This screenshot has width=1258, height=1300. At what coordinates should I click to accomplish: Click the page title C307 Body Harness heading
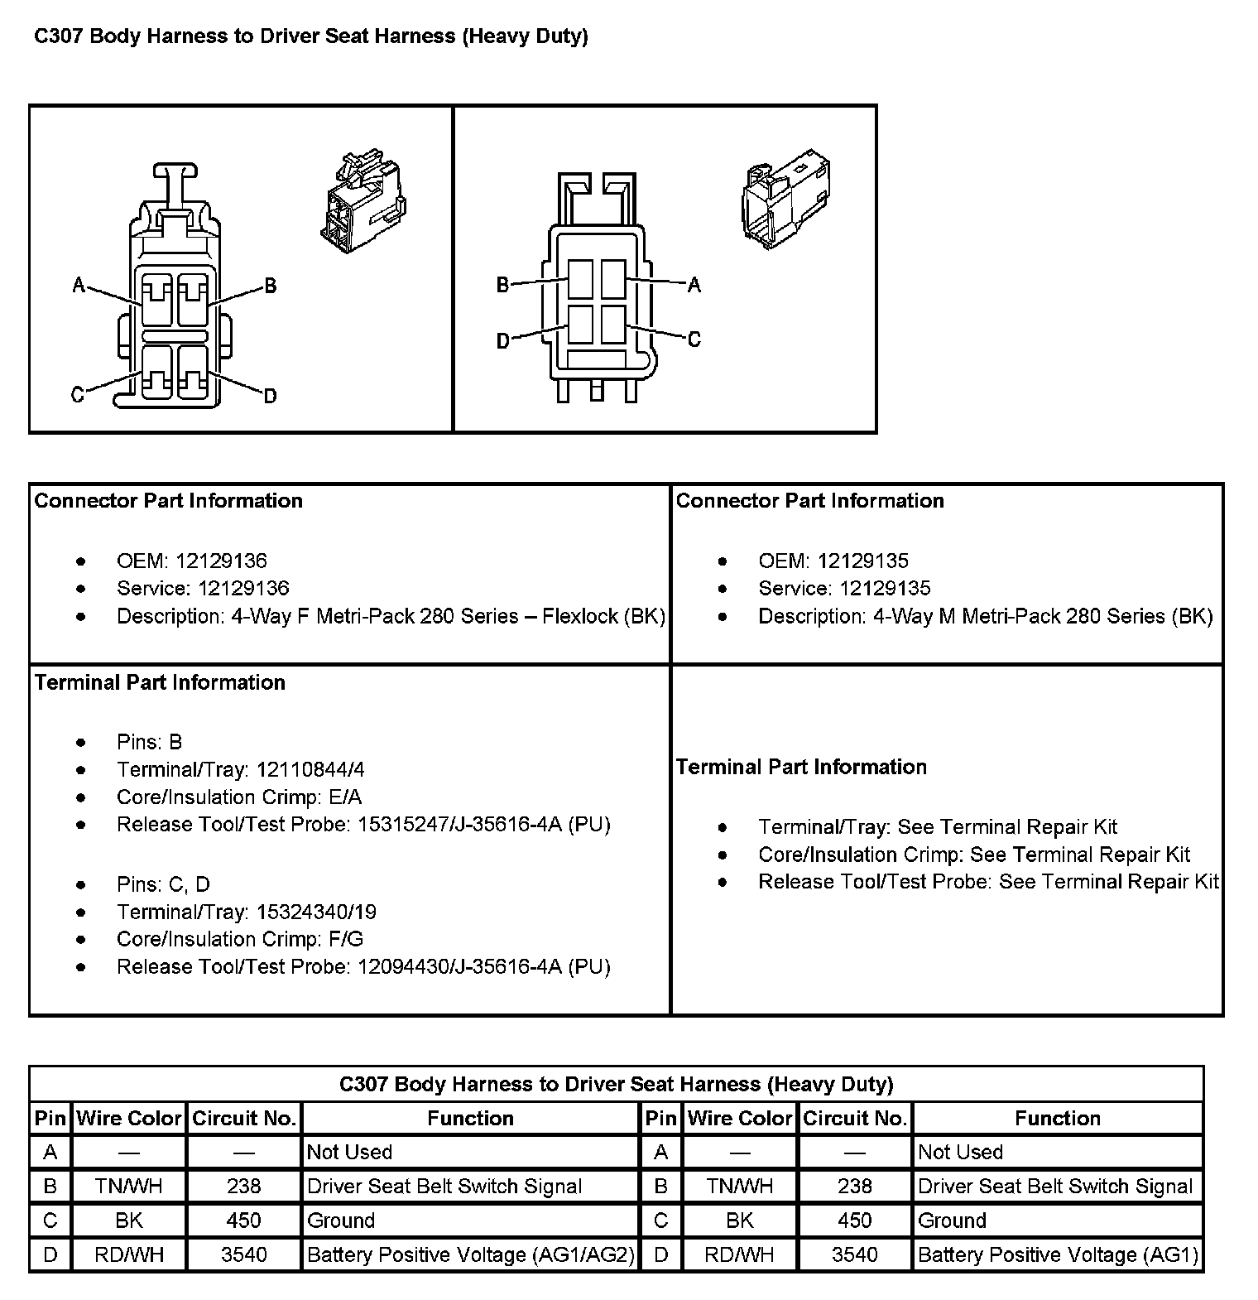[x=310, y=36]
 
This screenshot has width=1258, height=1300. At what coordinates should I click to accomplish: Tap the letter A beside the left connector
[x=79, y=286]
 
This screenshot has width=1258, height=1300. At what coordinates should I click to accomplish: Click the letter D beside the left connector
[x=270, y=397]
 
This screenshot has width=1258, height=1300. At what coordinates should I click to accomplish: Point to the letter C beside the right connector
[x=694, y=339]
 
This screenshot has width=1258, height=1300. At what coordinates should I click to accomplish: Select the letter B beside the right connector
[x=502, y=285]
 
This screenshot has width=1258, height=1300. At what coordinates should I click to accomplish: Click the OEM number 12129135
[x=862, y=561]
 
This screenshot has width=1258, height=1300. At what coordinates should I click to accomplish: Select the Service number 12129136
[x=232, y=589]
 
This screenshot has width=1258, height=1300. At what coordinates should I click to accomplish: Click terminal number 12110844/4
[x=310, y=769]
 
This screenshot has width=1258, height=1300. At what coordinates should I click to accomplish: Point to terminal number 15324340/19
[x=316, y=912]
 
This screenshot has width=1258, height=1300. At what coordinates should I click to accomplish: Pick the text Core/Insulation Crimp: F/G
[x=240, y=939]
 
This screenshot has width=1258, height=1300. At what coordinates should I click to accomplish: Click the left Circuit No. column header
[x=244, y=1119]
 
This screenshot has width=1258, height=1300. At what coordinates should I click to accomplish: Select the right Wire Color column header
[x=740, y=1119]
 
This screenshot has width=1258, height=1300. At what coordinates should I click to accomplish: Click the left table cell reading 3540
[x=244, y=1255]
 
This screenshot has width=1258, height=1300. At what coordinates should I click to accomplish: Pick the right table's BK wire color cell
[x=740, y=1221]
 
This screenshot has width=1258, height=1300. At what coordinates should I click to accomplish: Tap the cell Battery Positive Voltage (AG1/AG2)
[x=470, y=1255]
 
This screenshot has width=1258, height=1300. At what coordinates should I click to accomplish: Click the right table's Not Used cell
[x=960, y=1153]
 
